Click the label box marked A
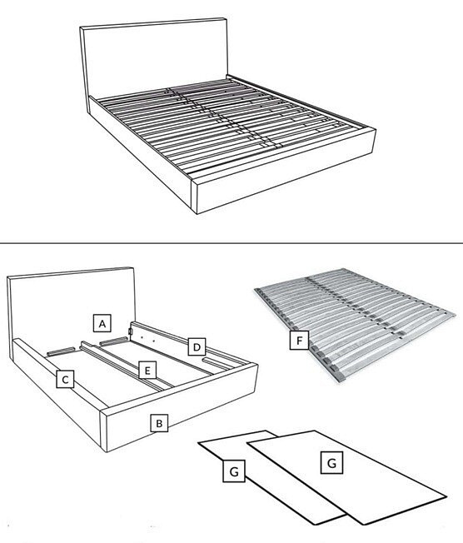click(x=102, y=323)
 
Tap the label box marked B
click(x=159, y=423)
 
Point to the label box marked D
click(x=197, y=346)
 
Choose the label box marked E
click(x=147, y=371)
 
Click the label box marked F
click(x=299, y=340)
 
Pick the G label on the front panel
click(x=331, y=462)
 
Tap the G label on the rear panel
click(x=234, y=471)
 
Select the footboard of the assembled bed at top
click(x=284, y=171)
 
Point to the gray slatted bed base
click(x=354, y=325)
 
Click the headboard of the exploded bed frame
click(x=71, y=305)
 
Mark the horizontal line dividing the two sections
click(x=231, y=243)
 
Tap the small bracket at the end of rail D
click(x=130, y=331)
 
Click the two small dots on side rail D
click(x=147, y=337)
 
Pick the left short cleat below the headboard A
click(x=61, y=351)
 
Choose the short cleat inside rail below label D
click(x=217, y=363)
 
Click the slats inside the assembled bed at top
click(x=231, y=127)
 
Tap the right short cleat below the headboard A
click(x=113, y=340)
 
